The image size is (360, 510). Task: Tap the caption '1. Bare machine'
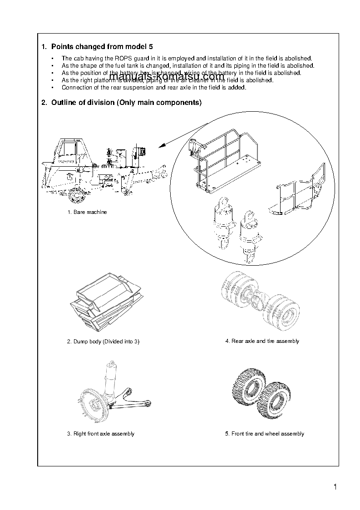coord(87,212)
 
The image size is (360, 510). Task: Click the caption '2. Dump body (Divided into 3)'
coord(103,342)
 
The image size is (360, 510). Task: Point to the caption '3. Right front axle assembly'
coord(101,434)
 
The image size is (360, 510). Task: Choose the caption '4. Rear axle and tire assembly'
coord(262,341)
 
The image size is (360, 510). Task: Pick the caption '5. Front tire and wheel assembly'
coord(264,434)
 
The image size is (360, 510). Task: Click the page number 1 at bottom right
coord(335,488)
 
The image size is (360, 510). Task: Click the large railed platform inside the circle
coord(225,159)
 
